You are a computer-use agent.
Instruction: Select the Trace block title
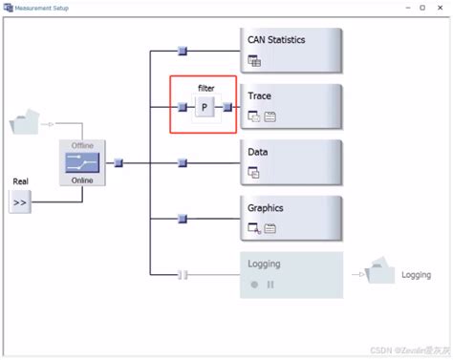tap(259, 95)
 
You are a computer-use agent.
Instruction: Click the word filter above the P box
tap(206, 88)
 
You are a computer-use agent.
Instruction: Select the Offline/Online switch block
tap(83, 163)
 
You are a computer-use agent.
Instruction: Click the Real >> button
tap(20, 202)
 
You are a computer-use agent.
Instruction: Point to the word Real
tap(20, 180)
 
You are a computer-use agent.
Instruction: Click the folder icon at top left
tap(25, 122)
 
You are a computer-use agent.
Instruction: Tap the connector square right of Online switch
tap(119, 163)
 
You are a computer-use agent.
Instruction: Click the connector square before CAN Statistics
tap(183, 51)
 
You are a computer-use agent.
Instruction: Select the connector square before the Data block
tap(183, 163)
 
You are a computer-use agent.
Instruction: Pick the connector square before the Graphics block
tap(183, 219)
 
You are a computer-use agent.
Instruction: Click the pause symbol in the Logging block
tap(270, 285)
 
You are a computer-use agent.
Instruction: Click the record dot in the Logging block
tap(254, 285)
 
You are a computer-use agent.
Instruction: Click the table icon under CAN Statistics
tap(254, 62)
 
